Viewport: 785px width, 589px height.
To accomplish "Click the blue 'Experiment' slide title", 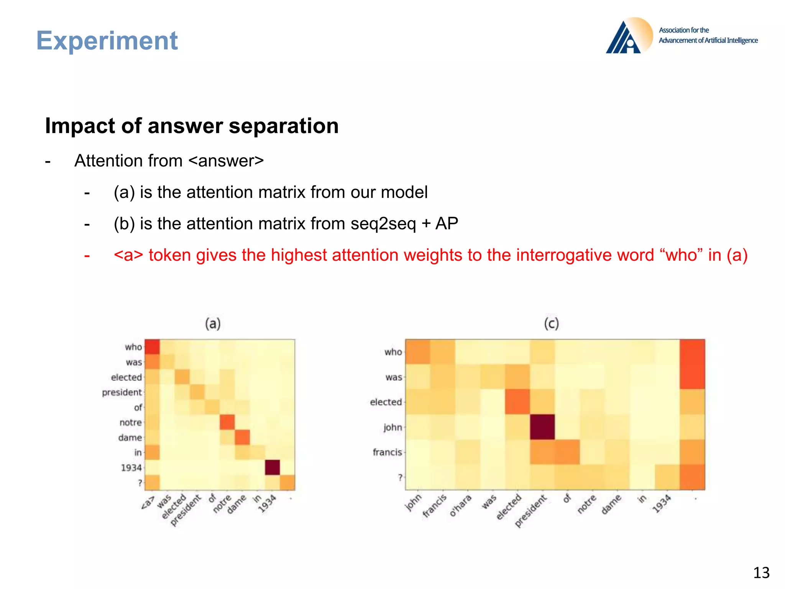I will pos(107,41).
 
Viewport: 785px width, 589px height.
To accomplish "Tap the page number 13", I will pos(761,573).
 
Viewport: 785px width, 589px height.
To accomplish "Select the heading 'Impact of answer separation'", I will pos(192,126).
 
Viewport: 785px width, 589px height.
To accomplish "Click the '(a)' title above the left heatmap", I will pos(213,324).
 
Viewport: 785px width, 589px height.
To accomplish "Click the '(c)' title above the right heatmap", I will pos(551,324).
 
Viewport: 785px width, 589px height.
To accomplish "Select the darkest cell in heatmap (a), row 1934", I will pos(272,467).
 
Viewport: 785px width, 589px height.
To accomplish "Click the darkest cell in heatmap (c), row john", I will pos(542,427).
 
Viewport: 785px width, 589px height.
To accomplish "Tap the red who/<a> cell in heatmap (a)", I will pos(152,347).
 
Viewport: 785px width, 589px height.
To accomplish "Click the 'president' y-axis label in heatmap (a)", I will pos(122,392).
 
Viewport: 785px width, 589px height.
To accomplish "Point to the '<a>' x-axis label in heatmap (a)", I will pos(148,503).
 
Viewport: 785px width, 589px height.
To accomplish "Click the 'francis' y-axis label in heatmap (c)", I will pos(387,452).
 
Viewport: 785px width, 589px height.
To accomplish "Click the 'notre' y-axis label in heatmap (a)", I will pos(130,422).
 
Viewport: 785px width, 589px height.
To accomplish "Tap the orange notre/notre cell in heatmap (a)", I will pos(227,422).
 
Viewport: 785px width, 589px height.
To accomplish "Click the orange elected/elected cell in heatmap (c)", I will pos(517,402).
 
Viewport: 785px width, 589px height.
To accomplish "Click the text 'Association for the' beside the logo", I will pos(684,30).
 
